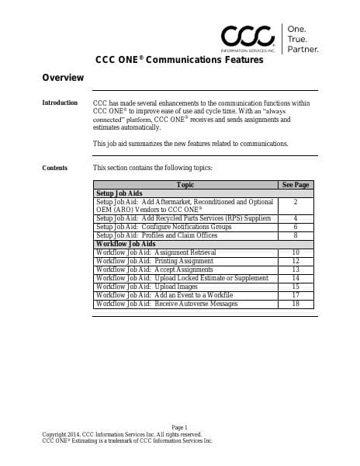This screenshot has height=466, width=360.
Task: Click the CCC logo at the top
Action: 247,36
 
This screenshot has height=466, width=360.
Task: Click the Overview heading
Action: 63,78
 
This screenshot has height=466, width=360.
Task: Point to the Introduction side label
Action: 60,103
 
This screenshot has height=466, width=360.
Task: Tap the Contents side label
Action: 55,168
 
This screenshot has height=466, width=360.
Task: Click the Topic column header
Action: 185,185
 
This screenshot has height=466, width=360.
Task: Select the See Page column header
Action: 296,185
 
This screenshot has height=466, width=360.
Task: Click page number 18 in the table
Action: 296,304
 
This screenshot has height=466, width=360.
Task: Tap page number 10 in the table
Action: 296,252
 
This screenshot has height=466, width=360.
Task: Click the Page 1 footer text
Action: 180,427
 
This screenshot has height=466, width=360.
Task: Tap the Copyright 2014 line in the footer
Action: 122,434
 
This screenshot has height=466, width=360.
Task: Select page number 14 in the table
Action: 296,278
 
